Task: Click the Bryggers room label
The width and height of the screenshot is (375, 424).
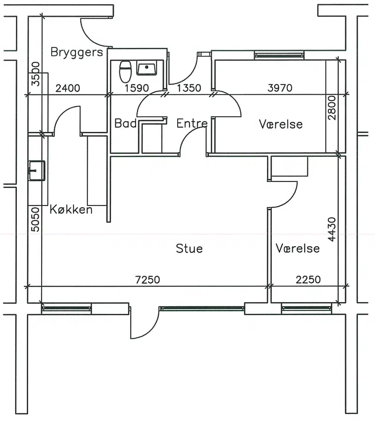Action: click(x=77, y=53)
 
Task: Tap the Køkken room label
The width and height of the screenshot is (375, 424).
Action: click(x=71, y=210)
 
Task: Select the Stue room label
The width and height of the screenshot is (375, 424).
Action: click(x=189, y=249)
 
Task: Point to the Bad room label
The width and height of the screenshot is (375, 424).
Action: click(x=126, y=123)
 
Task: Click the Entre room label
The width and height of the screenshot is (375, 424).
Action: click(x=192, y=123)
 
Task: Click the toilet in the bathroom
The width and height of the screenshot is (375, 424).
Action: click(x=125, y=72)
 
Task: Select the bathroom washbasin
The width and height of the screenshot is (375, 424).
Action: click(x=146, y=68)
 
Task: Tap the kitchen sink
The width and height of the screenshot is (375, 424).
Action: click(x=37, y=170)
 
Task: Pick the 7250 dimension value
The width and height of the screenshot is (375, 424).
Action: click(x=148, y=280)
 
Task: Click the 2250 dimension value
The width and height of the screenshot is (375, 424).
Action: click(x=308, y=280)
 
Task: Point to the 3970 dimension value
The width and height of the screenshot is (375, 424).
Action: click(x=280, y=88)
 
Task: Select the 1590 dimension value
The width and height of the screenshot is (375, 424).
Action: click(x=137, y=88)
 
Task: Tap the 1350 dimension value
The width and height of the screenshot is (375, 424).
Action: click(x=189, y=88)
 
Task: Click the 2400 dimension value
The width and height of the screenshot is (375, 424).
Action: click(x=67, y=88)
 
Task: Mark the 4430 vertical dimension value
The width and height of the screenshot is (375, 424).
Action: click(x=331, y=229)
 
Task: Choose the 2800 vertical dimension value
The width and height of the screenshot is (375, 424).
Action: click(x=331, y=108)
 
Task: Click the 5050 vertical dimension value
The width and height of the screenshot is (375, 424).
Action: click(x=36, y=220)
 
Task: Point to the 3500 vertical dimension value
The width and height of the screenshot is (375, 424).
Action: click(x=36, y=74)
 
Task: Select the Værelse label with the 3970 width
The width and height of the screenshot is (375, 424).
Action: click(x=281, y=124)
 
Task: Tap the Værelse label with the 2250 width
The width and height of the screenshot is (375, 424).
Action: click(x=298, y=248)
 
